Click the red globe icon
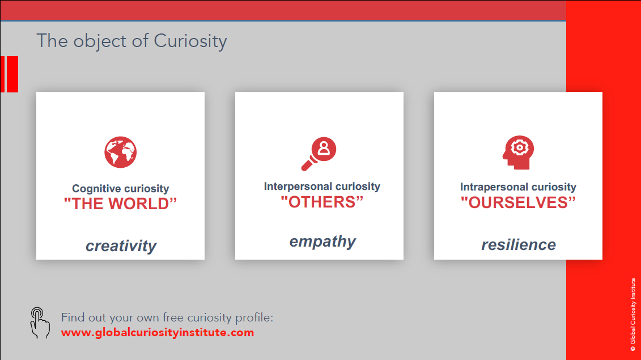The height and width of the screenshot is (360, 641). click(120, 152)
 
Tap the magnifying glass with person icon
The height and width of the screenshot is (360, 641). click(319, 154)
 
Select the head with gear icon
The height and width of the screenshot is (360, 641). click(519, 152)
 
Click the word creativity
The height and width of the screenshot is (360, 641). click(121, 246)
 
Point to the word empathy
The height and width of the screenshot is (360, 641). click(322, 242)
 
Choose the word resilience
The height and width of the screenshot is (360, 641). click(519, 245)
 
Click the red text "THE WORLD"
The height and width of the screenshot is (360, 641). click(120, 204)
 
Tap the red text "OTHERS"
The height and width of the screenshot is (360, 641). click(322, 202)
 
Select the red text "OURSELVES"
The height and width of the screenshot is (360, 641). click(518, 202)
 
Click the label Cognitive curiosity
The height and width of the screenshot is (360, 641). click(121, 189)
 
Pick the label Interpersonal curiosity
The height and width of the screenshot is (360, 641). click(322, 187)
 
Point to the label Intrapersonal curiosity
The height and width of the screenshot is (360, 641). click(518, 187)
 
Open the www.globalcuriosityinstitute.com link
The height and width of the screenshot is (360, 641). click(158, 333)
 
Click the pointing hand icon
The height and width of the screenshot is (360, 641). click(40, 323)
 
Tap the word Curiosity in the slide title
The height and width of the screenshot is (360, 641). click(190, 41)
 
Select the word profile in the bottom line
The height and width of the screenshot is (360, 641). click(252, 318)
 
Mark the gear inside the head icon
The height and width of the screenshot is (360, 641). click(519, 147)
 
